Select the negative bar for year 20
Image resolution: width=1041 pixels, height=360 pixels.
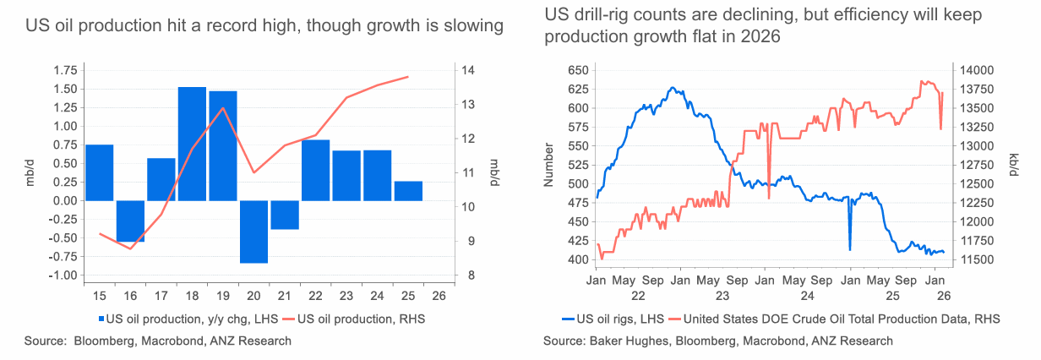coord(253,232)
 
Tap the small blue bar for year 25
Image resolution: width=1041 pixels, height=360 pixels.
coord(408,191)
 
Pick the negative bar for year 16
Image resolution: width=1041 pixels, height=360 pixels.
coord(130,221)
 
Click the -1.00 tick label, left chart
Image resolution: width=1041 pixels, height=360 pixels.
coord(64,275)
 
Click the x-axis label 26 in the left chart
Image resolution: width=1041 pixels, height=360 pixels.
coord(439,296)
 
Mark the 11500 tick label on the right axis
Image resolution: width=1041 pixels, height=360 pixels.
coord(981,259)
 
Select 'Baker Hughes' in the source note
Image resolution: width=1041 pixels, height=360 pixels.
coord(624,341)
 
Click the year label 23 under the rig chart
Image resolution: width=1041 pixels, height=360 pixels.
coord(722,296)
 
